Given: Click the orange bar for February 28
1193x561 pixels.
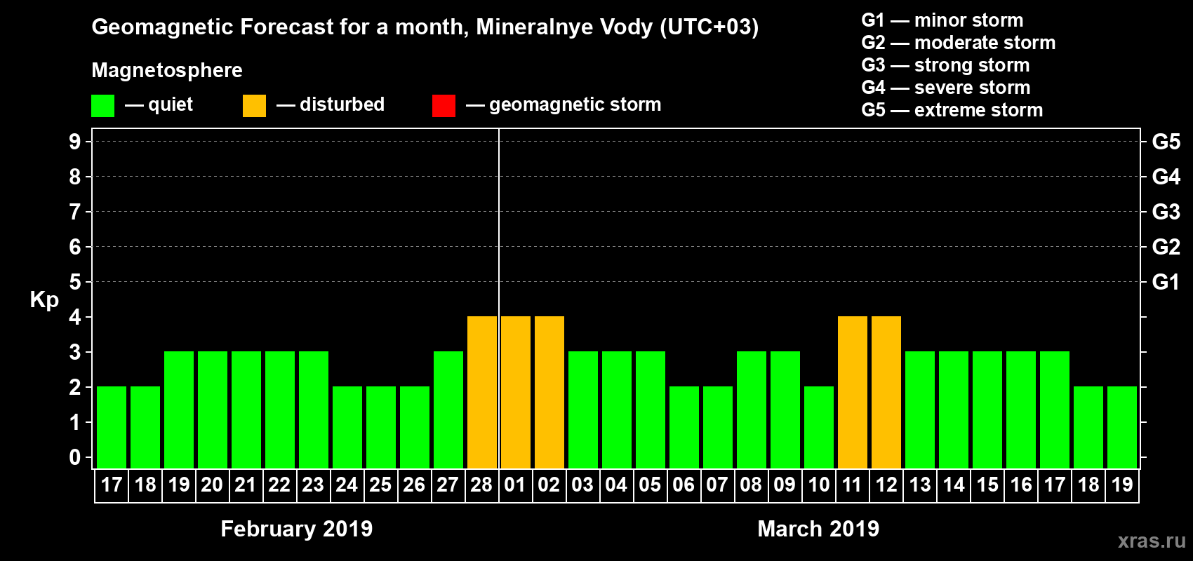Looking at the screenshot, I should (x=482, y=392).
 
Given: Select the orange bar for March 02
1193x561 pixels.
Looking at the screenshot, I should (x=549, y=392).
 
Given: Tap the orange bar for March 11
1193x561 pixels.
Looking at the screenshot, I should (x=853, y=392).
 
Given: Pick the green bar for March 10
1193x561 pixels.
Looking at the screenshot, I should (x=819, y=427).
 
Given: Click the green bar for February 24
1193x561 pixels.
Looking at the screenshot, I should (x=347, y=427).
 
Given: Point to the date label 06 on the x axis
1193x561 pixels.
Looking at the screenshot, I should (x=684, y=485).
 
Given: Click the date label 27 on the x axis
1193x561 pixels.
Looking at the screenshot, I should (x=448, y=485).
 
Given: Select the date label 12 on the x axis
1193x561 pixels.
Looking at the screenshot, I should (x=886, y=485).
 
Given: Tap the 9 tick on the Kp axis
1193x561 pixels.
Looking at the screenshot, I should (x=75, y=142).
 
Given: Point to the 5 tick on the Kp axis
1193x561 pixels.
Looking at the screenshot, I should (x=75, y=282).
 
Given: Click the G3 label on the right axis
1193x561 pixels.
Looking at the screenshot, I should (x=1166, y=212).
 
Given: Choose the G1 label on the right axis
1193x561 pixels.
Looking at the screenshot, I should (x=1166, y=282).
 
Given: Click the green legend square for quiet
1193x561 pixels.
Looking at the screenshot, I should (x=102, y=106).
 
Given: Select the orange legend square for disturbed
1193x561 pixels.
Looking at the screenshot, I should (x=254, y=106).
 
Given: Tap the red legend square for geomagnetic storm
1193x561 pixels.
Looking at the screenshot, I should (x=444, y=106).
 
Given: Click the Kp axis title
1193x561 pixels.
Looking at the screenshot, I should (x=44, y=300).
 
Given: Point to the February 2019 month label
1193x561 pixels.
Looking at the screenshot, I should (x=296, y=529).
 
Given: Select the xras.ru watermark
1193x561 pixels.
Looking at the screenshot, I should (x=1151, y=541).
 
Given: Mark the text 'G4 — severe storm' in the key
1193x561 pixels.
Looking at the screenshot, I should (x=945, y=88).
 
